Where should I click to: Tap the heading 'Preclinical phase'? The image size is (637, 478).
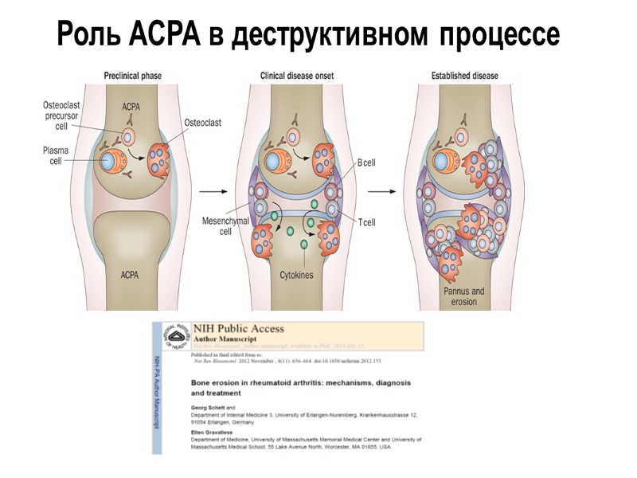[133, 76]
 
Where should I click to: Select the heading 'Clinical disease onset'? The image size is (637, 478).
[297, 76]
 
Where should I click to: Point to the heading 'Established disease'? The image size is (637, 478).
[465, 76]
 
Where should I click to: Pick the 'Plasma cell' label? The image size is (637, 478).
[55, 156]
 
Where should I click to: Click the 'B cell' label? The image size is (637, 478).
[366, 163]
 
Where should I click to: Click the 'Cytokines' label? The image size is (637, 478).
[298, 275]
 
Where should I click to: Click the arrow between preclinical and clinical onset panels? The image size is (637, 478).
[211, 191]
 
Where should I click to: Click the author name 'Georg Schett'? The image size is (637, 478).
[209, 407]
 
